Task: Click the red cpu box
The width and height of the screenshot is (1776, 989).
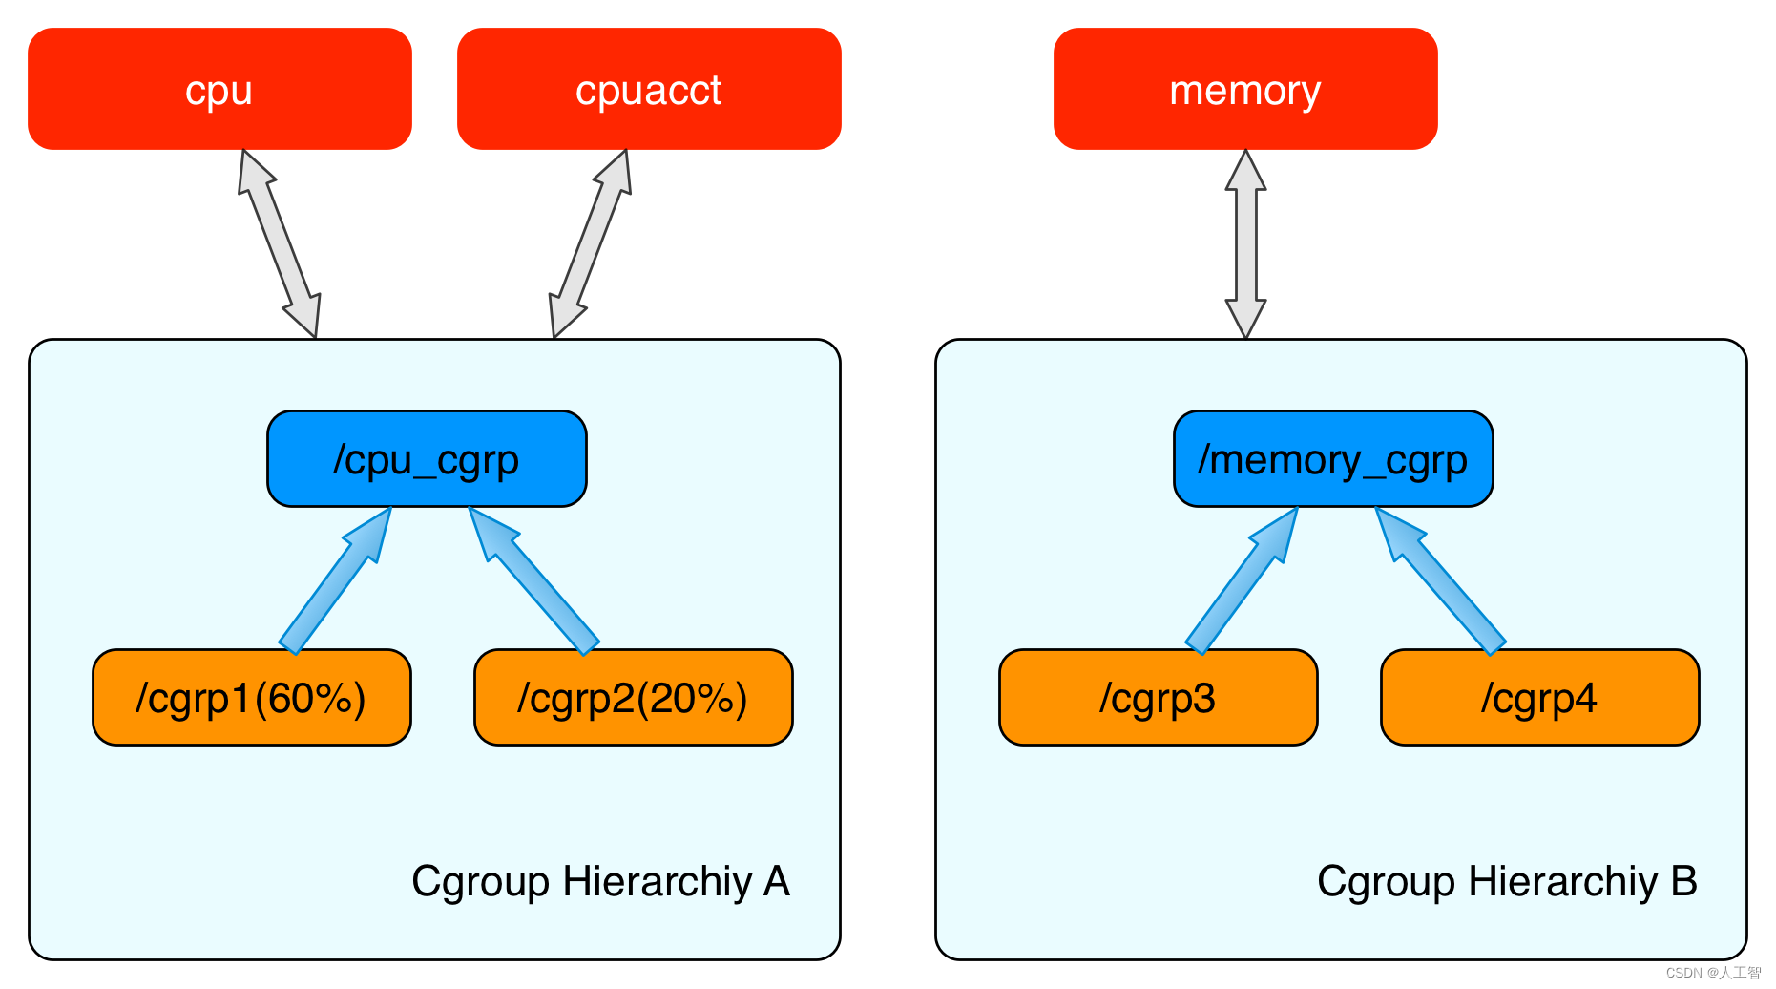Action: pyautogui.click(x=219, y=89)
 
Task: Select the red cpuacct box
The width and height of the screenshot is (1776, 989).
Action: pyautogui.click(x=649, y=89)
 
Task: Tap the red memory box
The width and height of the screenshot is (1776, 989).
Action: pyautogui.click(x=1245, y=89)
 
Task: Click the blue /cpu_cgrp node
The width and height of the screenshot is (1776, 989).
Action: pyautogui.click(x=427, y=459)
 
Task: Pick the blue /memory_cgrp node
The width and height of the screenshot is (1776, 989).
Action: pyautogui.click(x=1333, y=459)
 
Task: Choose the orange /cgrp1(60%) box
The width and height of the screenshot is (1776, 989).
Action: pyautogui.click(x=252, y=698)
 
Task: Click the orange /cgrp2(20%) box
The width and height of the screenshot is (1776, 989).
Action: pyautogui.click(x=634, y=698)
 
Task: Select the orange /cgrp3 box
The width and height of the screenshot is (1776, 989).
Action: pyautogui.click(x=1159, y=698)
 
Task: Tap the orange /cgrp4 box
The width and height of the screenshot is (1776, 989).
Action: pyautogui.click(x=1540, y=698)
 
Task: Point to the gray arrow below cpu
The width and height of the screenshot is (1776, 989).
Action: pyautogui.click(x=279, y=243)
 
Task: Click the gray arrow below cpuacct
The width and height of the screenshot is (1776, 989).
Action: pyautogui.click(x=591, y=243)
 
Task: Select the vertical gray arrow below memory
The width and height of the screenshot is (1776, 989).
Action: pyautogui.click(x=1245, y=243)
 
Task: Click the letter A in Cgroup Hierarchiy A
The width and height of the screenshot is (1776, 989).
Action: pyautogui.click(x=777, y=881)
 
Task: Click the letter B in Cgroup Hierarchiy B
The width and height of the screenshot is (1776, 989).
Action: pyautogui.click(x=1683, y=881)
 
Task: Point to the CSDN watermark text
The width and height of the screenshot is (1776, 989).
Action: pyautogui.click(x=1713, y=973)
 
